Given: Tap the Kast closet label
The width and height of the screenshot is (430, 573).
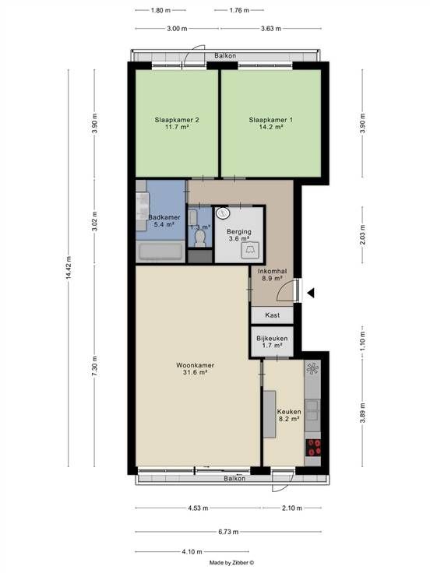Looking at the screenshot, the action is tap(273, 315).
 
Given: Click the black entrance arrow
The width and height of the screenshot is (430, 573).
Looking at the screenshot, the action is tap(311, 293).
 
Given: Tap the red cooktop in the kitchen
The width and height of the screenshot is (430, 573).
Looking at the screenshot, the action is tap(313, 448).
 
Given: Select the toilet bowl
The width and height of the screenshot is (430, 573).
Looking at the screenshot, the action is tap(199, 239).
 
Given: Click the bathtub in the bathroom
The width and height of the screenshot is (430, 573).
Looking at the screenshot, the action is tap(160, 251).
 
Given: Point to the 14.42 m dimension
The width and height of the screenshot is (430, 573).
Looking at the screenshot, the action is tap(69, 269).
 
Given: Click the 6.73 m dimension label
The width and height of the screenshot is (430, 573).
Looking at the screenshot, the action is tap(228, 532).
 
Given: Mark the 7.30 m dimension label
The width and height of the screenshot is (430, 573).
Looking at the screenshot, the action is tap(95, 366).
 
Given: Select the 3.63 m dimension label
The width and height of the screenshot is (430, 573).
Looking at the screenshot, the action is tap(271, 29).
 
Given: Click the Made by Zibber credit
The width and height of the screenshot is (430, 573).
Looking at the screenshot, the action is tap(231, 563).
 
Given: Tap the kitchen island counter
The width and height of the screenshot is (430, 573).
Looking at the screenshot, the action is tap(270, 414).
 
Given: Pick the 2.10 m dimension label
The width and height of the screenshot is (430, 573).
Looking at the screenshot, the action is tap(292, 508).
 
